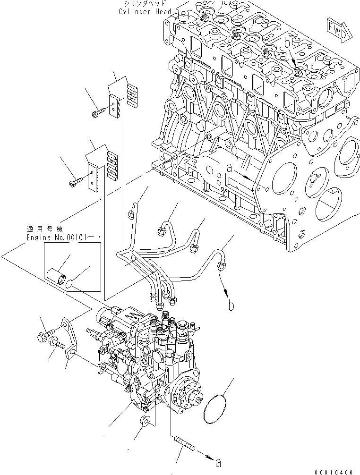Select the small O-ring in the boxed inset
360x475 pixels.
coord(70,284)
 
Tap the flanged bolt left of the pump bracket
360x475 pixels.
coord(41,337)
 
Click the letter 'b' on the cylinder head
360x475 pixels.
coord(287,43)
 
